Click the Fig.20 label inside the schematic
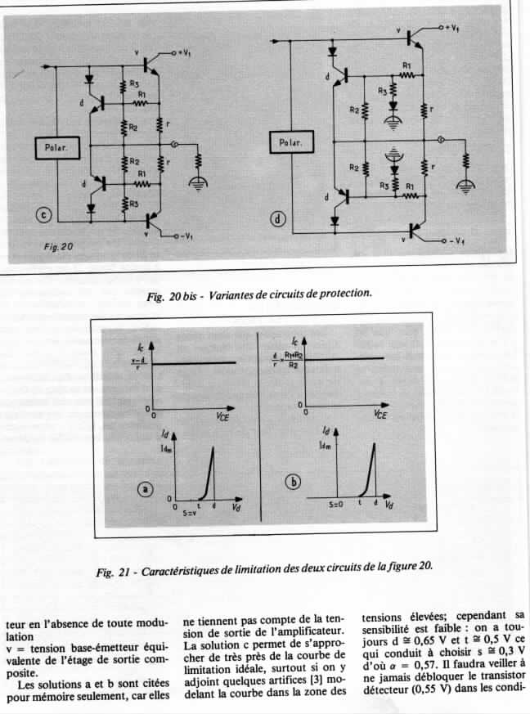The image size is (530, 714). [x=58, y=245]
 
